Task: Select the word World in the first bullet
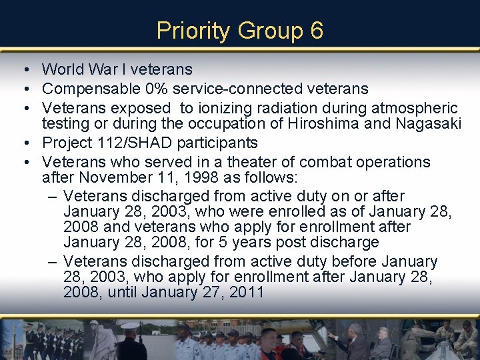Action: pos(63,69)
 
